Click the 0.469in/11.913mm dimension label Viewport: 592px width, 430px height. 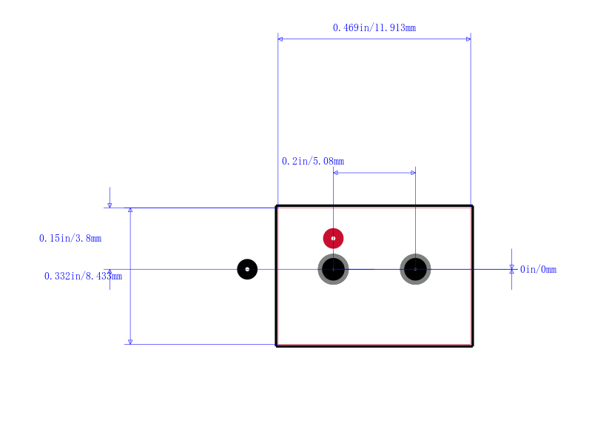[374, 27]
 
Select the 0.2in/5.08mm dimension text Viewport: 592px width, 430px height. [313, 161]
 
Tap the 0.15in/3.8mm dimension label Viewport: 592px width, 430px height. [70, 238]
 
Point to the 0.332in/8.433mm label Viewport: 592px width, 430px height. [83, 276]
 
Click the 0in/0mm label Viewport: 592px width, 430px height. [538, 269]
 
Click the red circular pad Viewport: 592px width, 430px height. [334, 238]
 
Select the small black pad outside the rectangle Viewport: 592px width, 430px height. [247, 269]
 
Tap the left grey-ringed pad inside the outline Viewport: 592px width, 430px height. [334, 269]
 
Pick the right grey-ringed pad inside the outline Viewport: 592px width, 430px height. [415, 269]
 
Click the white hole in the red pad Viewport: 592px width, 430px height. [334, 238]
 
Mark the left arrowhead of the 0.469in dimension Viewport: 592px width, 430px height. [280, 39]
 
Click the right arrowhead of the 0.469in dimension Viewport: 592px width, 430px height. [468, 39]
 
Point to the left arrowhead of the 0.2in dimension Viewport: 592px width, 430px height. [336, 173]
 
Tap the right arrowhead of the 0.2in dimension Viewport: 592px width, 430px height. [413, 173]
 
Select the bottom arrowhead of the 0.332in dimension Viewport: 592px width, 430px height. [130, 342]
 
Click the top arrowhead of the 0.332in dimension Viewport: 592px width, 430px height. [130, 210]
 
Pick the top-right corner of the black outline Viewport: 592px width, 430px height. [472, 206]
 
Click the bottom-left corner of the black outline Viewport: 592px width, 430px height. [276, 345]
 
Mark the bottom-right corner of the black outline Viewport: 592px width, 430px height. [472, 345]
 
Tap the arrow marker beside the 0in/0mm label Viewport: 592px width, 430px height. [511, 269]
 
